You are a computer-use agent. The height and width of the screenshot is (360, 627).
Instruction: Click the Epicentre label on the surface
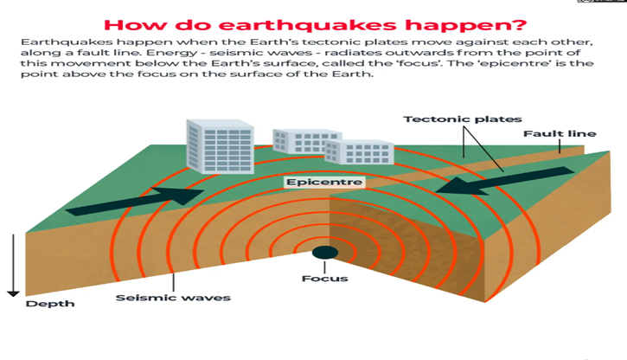pos(324,183)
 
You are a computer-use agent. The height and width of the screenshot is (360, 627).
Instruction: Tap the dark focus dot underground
pos(325,253)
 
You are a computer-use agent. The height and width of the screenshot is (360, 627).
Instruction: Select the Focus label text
pos(324,279)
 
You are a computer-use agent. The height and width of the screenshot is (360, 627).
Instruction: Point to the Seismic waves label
pos(173,298)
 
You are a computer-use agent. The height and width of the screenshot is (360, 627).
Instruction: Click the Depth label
pos(50,304)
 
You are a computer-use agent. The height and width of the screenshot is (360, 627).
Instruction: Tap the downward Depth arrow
pos(13,265)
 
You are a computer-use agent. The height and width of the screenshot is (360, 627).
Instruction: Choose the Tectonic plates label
pos(463,119)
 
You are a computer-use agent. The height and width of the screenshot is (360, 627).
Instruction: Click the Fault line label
pos(560,133)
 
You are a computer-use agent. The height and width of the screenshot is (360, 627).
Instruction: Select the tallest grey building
pos(220,146)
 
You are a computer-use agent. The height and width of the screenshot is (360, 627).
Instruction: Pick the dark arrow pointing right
pos(135,201)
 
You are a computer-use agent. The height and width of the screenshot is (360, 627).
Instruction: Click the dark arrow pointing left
pos(505,181)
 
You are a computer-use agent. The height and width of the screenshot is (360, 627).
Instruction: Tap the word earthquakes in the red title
pos(308,25)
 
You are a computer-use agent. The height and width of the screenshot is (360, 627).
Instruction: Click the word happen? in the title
pos(466,26)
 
